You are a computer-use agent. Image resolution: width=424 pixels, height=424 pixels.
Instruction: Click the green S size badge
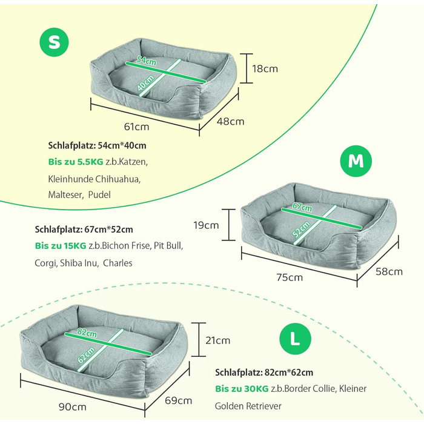pos(54,42)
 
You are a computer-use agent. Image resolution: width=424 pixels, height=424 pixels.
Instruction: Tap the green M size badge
pos(356,161)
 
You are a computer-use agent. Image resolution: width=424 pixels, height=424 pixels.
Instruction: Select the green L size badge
pos(295,339)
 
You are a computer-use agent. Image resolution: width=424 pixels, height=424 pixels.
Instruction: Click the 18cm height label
pos(265,68)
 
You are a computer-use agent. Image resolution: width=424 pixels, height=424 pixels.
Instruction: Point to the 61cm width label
pos(136,127)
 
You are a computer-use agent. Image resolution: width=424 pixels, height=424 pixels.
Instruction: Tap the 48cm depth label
pos(230,121)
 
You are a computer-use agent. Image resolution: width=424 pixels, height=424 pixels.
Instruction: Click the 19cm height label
pos(206,225)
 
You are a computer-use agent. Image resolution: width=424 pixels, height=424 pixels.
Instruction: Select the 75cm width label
pos(290,277)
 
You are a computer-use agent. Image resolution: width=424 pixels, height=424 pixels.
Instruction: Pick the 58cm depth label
pos(389,271)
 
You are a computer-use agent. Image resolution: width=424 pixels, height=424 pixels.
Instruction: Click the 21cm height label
pos(217,340)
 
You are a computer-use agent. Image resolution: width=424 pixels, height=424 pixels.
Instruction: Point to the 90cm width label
pos(73,406)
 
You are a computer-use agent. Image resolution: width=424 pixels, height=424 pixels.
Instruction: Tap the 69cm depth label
pos(179,400)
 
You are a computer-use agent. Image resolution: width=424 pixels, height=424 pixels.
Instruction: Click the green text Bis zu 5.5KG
pos(76,162)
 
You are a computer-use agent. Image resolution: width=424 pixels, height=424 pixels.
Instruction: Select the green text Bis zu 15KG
pos(61,245)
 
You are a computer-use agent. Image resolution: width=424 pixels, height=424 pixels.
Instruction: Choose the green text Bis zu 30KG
pos(242,389)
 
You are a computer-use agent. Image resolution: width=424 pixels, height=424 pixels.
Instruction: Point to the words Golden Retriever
pos(248,406)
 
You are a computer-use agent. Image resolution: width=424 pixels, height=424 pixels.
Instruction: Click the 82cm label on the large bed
pos(87,333)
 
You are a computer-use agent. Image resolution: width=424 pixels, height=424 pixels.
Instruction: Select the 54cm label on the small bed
pos(147,61)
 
